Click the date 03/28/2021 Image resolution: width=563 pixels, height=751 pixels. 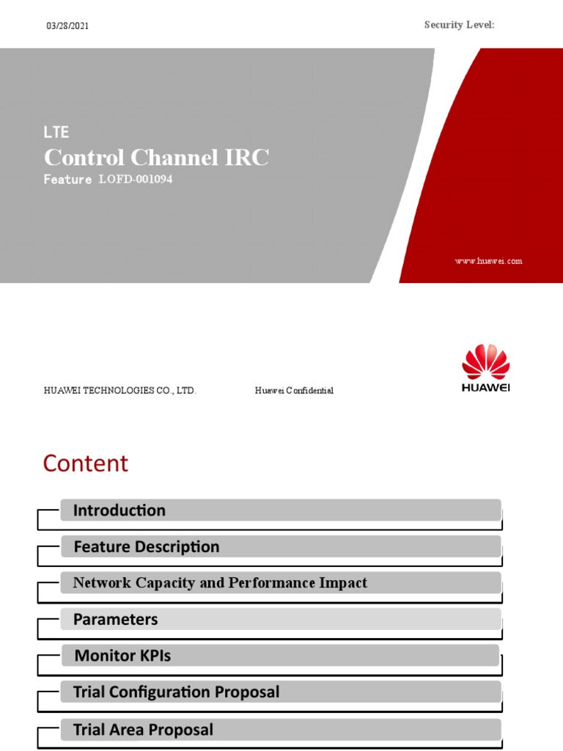pyautogui.click(x=67, y=26)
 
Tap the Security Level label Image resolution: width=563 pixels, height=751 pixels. pyautogui.click(x=459, y=25)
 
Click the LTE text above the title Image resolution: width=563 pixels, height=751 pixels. pyautogui.click(x=56, y=132)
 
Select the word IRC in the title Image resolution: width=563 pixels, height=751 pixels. pyautogui.click(x=246, y=158)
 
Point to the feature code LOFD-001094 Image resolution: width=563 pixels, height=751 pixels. pyautogui.click(x=136, y=180)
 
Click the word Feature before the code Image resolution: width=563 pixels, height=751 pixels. pyautogui.click(x=67, y=180)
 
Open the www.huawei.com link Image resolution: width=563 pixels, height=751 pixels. pyautogui.click(x=488, y=261)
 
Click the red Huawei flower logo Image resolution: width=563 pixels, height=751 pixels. pyautogui.click(x=485, y=362)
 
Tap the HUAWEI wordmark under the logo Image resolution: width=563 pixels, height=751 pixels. pyautogui.click(x=485, y=387)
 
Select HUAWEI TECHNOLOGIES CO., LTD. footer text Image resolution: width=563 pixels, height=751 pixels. pyautogui.click(x=120, y=391)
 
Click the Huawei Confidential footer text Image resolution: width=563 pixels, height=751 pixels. pyautogui.click(x=294, y=391)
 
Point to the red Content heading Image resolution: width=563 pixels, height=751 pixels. pyautogui.click(x=85, y=464)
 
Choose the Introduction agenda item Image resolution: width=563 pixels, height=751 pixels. pyautogui.click(x=119, y=510)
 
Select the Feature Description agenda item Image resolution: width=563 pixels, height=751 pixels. pyautogui.click(x=146, y=547)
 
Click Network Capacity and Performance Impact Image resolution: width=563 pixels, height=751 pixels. pyautogui.click(x=220, y=583)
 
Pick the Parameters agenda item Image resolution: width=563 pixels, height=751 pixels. pyautogui.click(x=115, y=620)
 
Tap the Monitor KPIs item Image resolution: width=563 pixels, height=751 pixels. pyautogui.click(x=122, y=656)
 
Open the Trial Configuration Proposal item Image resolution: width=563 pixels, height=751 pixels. pyautogui.click(x=176, y=692)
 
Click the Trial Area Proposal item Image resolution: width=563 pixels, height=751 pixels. pyautogui.click(x=143, y=730)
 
